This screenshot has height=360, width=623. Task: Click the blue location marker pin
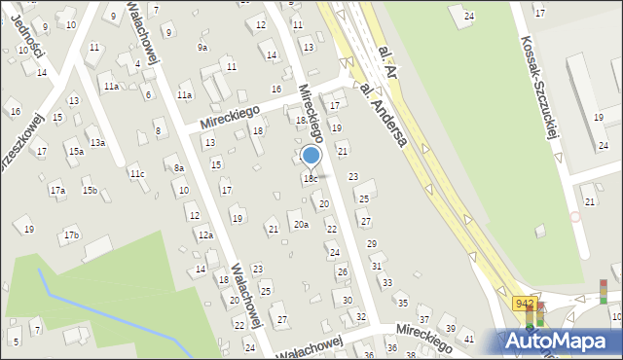click(x=311, y=157)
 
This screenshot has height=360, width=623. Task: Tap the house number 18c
click(x=310, y=179)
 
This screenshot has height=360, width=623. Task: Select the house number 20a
click(x=302, y=225)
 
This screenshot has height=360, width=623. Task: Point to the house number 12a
click(x=205, y=235)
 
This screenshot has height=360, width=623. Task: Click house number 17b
click(x=71, y=235)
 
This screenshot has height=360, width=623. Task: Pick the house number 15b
click(x=90, y=190)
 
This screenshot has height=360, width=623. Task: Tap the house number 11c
click(x=137, y=174)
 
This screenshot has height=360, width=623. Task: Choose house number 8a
click(x=179, y=168)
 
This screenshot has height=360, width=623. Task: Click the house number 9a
click(x=202, y=47)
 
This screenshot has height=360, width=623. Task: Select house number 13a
click(x=98, y=143)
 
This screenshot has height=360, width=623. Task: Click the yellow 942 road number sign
click(x=524, y=304)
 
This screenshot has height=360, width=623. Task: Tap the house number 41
click(x=469, y=339)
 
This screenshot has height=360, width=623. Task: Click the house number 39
click(x=450, y=329)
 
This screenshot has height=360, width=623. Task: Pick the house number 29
click(x=371, y=243)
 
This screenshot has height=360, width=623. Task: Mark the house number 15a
click(x=75, y=151)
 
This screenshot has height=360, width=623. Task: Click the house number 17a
click(x=57, y=190)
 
